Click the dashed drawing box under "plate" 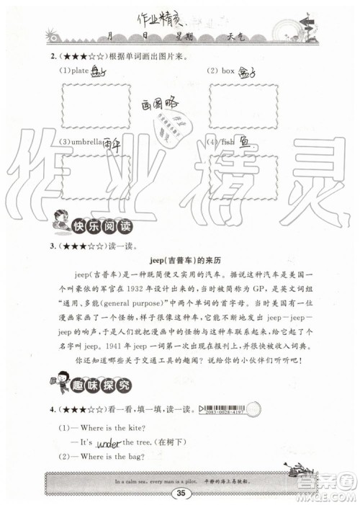tap(96, 106)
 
